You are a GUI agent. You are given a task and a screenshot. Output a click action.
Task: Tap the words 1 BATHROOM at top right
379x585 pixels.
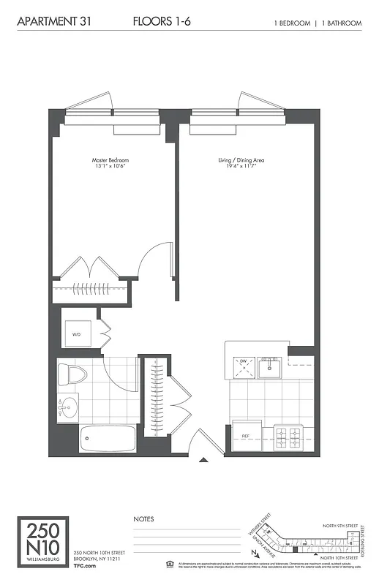[342, 23]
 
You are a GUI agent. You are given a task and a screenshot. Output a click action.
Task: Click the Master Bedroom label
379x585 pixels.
[110, 162]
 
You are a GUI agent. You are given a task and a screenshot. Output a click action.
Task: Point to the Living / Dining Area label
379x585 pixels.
[241, 162]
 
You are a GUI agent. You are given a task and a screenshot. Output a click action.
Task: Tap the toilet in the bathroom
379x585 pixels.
[74, 374]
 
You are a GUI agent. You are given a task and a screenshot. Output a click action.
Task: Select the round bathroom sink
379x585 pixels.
[70, 405]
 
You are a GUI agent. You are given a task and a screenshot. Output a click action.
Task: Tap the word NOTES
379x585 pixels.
[143, 519]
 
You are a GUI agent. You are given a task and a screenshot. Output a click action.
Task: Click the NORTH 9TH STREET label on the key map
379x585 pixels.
[342, 525]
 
